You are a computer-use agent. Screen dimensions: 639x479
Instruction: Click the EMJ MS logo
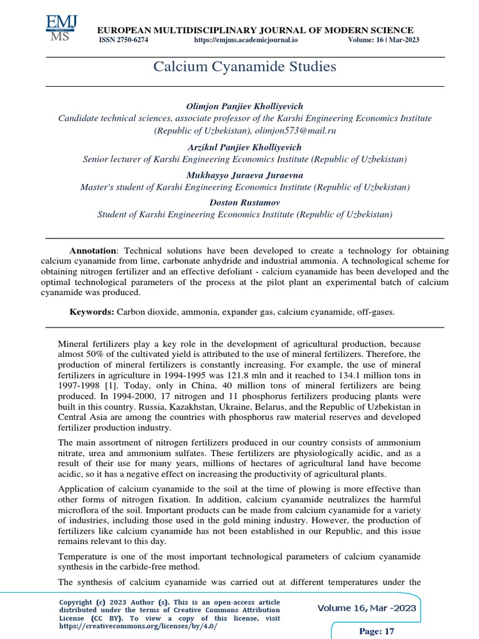pyautogui.click(x=61, y=28)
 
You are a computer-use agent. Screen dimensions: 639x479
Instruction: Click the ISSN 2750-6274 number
pyautogui.click(x=123, y=40)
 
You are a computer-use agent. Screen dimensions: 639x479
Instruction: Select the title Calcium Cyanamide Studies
pyautogui.click(x=244, y=67)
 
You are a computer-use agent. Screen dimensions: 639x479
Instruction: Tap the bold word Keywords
pyautogui.click(x=91, y=311)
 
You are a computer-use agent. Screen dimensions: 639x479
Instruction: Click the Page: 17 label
pyautogui.click(x=377, y=632)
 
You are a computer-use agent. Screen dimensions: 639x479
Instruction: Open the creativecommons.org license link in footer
pyautogui.click(x=138, y=626)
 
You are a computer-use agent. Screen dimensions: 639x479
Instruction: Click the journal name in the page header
pyautogui.click(x=253, y=30)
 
